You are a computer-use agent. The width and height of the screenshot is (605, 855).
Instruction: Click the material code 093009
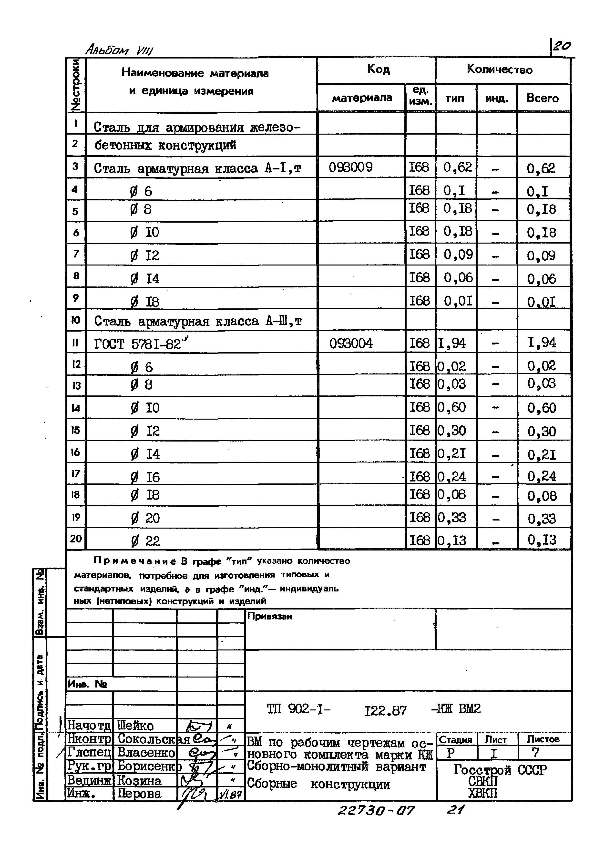pyautogui.click(x=350, y=167)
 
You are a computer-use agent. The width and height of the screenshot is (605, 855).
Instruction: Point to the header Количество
pyautogui.click(x=500, y=70)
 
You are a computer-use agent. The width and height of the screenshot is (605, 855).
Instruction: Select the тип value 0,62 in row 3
pyautogui.click(x=457, y=167)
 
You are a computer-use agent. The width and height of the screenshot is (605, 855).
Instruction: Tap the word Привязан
pyautogui.click(x=269, y=616)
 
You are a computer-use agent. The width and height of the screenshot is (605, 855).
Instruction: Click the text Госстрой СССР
pyautogui.click(x=500, y=769)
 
